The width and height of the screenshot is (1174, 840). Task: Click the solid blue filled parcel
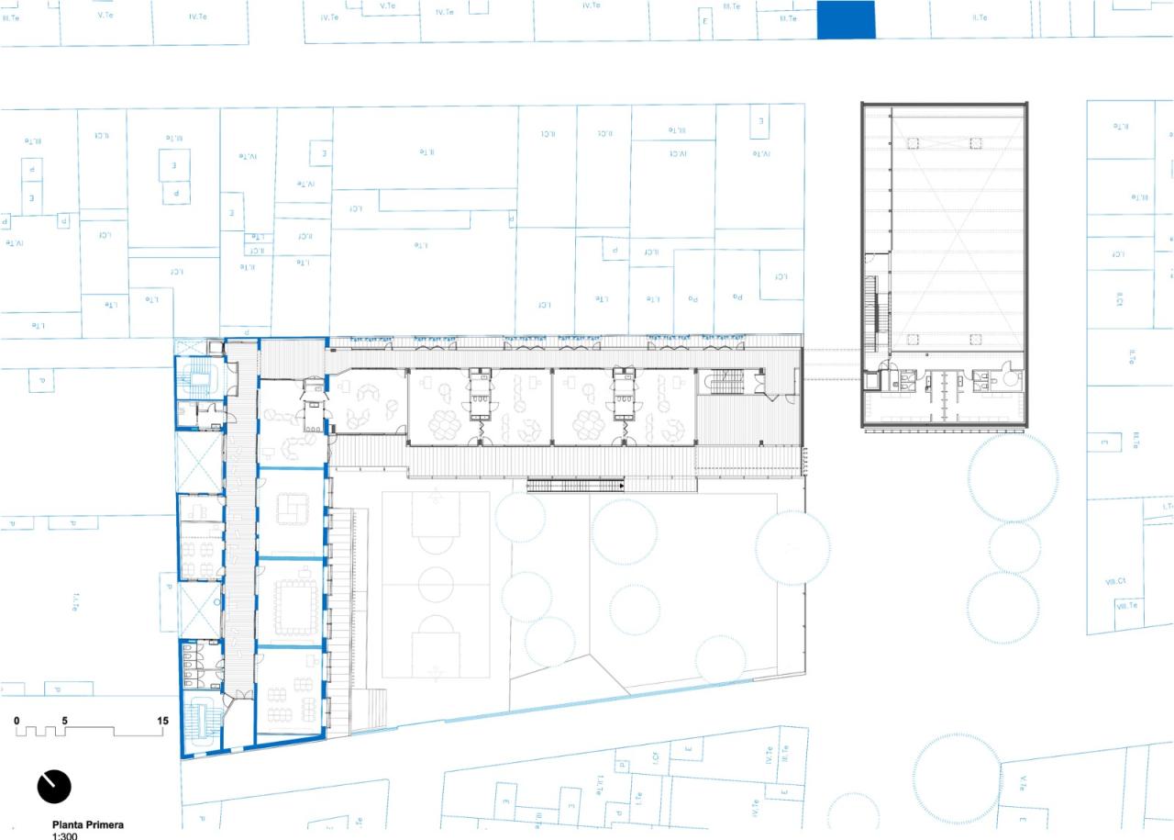pos(846,19)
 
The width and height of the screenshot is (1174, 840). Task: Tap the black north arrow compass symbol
pos(54,786)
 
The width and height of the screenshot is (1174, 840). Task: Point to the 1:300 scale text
pos(64,836)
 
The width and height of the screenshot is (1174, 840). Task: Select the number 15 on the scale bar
pos(162,721)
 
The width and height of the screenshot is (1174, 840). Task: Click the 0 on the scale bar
pos(17,721)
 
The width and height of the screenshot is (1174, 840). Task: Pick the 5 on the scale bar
pos(65,721)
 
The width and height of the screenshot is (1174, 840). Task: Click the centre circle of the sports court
pos(436,584)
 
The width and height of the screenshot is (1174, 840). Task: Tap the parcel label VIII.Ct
pos(1121,582)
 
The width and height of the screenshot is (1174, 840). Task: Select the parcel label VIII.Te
pos(1126,605)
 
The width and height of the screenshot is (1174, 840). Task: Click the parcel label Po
pos(694,297)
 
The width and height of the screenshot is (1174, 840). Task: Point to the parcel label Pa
pos(736,297)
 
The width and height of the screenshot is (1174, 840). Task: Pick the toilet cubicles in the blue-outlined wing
pos(200,664)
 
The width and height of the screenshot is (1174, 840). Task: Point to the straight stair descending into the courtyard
pos(575,485)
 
